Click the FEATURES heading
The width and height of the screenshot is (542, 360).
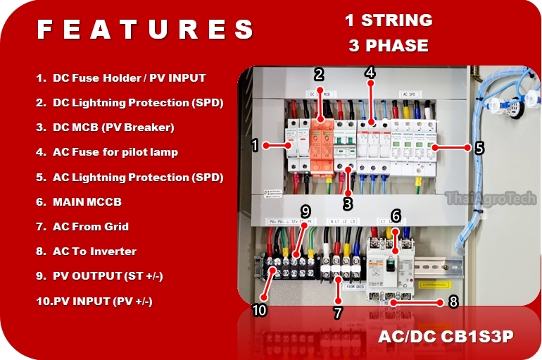145,30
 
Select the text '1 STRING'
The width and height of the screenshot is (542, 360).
388,20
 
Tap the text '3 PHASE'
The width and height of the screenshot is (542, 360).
388,46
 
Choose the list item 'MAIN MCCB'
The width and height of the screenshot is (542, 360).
87,201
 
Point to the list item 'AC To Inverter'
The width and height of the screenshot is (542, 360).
94,251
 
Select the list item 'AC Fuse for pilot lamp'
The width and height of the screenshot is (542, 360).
115,152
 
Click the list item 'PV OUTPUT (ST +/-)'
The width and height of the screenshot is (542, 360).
107,275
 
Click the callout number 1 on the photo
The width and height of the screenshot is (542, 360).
256,146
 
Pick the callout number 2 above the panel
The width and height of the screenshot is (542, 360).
319,74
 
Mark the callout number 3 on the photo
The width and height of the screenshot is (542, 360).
347,204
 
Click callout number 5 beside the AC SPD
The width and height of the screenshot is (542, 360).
479,148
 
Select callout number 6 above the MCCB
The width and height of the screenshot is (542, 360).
396,216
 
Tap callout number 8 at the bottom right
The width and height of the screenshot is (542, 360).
453,302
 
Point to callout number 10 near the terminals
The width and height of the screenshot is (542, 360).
258,311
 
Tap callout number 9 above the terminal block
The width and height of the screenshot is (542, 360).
305,211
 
